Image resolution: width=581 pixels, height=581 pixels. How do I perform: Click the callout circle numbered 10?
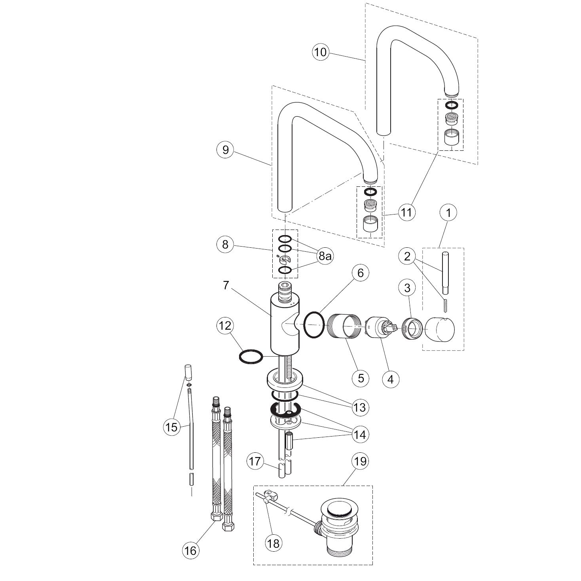pyautogui.click(x=321, y=52)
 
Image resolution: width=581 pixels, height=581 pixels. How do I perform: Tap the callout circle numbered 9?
pyautogui.click(x=226, y=150)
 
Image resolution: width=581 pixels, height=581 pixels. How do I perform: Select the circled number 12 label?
pyautogui.click(x=224, y=326)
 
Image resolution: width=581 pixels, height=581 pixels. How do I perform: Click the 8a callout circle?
pyautogui.click(x=325, y=256)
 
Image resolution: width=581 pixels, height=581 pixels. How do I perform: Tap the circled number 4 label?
pyautogui.click(x=391, y=379)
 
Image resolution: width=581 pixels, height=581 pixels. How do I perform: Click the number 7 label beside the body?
pyautogui.click(x=226, y=285)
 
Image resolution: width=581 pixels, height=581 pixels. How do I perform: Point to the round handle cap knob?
pyautogui.click(x=440, y=328)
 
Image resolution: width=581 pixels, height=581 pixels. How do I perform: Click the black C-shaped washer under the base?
pyautogui.click(x=286, y=411)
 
